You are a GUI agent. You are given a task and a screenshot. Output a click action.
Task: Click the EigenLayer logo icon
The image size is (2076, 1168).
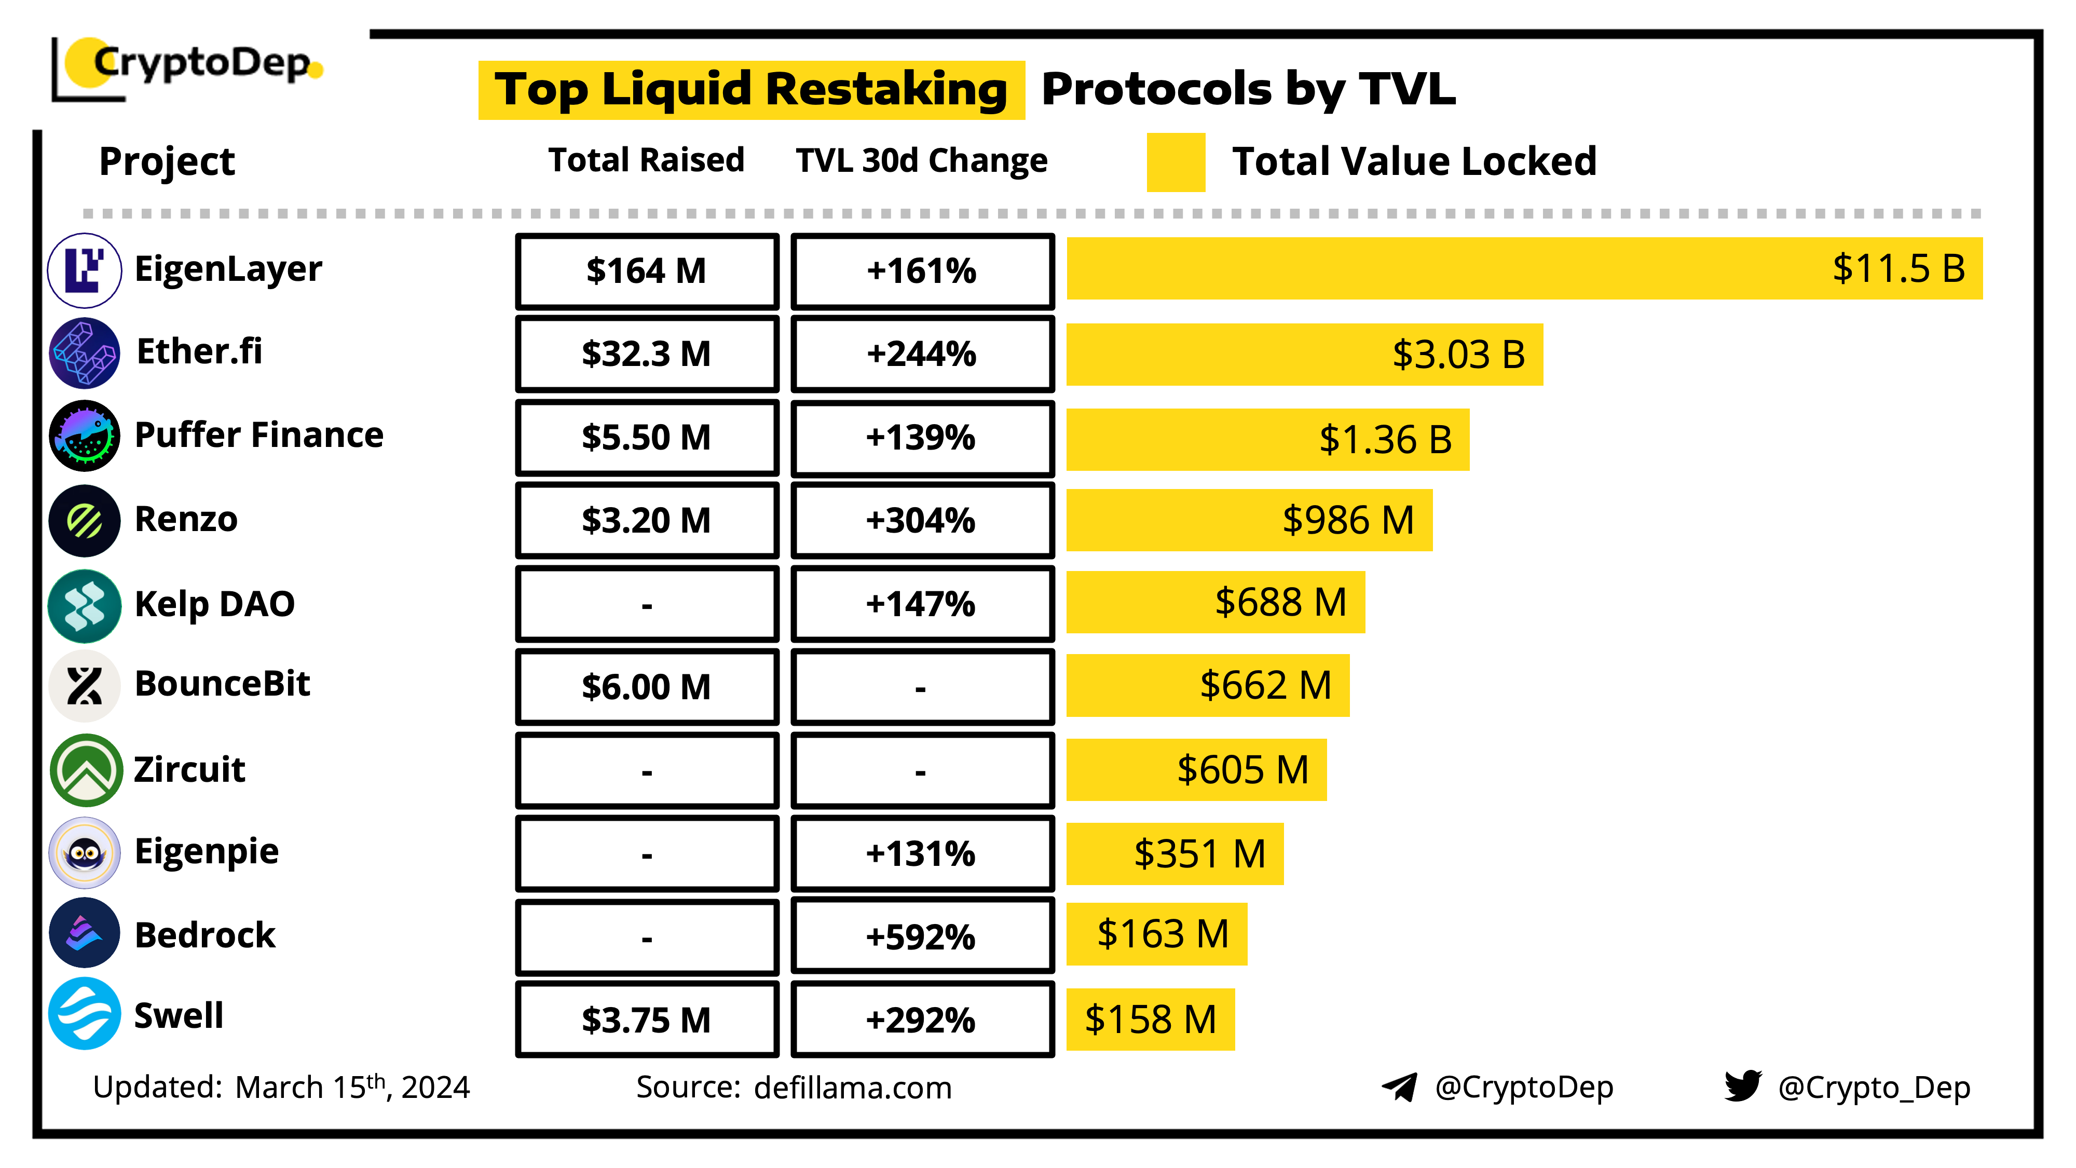pyautogui.click(x=85, y=271)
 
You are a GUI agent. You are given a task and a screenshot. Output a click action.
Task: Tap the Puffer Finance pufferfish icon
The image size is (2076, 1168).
pyautogui.click(x=85, y=436)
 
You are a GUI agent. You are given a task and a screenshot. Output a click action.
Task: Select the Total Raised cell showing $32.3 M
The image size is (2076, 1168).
pyautogui.click(x=646, y=354)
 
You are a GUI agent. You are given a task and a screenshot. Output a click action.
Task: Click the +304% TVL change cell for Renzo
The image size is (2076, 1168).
pyautogui.click(x=921, y=521)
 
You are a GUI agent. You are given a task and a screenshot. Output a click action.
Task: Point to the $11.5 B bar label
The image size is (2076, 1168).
pyautogui.click(x=1898, y=268)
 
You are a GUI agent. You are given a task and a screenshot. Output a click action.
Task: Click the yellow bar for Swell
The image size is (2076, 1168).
pyautogui.click(x=1150, y=1020)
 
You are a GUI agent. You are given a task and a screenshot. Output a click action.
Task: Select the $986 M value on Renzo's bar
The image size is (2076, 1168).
pyautogui.click(x=1347, y=520)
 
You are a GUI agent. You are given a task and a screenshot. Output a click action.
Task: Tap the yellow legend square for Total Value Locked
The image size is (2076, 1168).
pyautogui.click(x=1175, y=162)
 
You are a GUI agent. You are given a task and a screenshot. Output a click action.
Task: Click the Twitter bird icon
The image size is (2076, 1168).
pyautogui.click(x=1742, y=1086)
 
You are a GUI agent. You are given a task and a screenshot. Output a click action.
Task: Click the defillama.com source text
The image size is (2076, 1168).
pyautogui.click(x=853, y=1088)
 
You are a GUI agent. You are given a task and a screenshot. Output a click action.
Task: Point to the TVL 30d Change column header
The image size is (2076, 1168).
pyautogui.click(x=921, y=160)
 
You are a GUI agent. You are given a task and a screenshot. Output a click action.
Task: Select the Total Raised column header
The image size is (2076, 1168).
pyautogui.click(x=646, y=160)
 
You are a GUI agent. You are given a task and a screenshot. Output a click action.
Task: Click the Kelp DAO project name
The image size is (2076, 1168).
pyautogui.click(x=214, y=604)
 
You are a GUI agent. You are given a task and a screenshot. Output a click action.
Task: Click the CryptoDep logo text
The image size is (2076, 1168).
pyautogui.click(x=201, y=63)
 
